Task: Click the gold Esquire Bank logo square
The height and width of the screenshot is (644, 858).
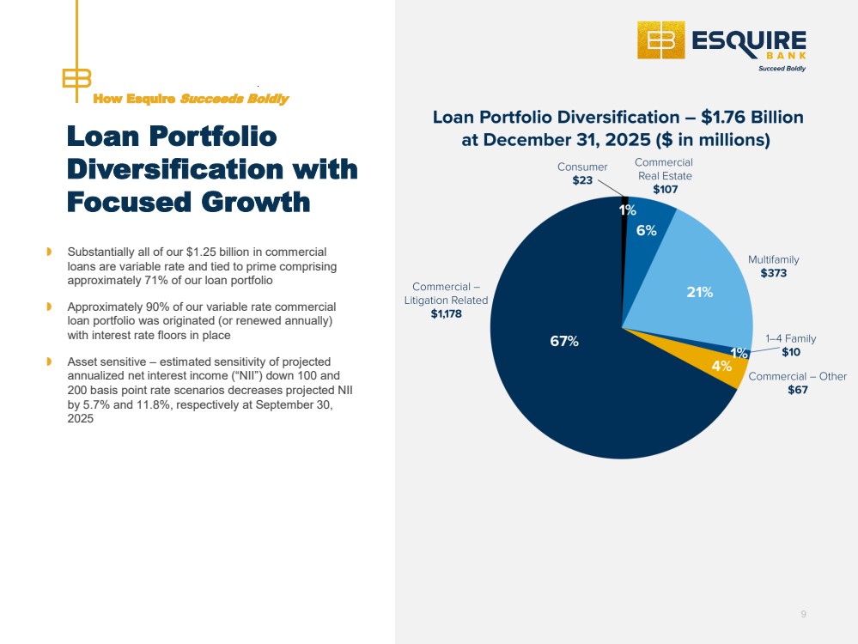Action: pyautogui.click(x=661, y=40)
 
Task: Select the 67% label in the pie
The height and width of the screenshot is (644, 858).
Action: pyautogui.click(x=564, y=342)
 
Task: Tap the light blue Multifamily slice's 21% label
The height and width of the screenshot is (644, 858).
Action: pyautogui.click(x=700, y=292)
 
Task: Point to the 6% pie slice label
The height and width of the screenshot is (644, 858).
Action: pyautogui.click(x=646, y=230)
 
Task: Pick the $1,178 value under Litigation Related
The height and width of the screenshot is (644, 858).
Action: pyautogui.click(x=446, y=313)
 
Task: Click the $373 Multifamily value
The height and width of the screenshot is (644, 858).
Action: pyautogui.click(x=774, y=273)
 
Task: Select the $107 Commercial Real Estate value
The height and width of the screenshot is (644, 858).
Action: pyautogui.click(x=666, y=189)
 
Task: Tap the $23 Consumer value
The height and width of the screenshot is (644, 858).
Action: pyautogui.click(x=582, y=180)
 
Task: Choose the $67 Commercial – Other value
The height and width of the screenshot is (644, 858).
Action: pyautogui.click(x=798, y=390)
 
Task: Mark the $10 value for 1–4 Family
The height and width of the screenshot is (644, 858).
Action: pyautogui.click(x=791, y=352)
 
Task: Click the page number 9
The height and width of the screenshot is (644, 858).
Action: pyautogui.click(x=803, y=615)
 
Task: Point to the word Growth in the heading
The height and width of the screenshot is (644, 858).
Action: pyautogui.click(x=256, y=202)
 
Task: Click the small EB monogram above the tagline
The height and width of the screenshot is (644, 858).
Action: pyautogui.click(x=76, y=78)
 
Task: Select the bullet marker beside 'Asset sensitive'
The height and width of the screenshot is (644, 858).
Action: pyautogui.click(x=49, y=361)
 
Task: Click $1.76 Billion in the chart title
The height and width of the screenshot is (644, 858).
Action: pyautogui.click(x=752, y=117)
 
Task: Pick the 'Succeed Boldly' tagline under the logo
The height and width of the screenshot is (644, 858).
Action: pyautogui.click(x=782, y=69)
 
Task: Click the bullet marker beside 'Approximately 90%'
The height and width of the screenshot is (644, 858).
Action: pyautogui.click(x=49, y=307)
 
